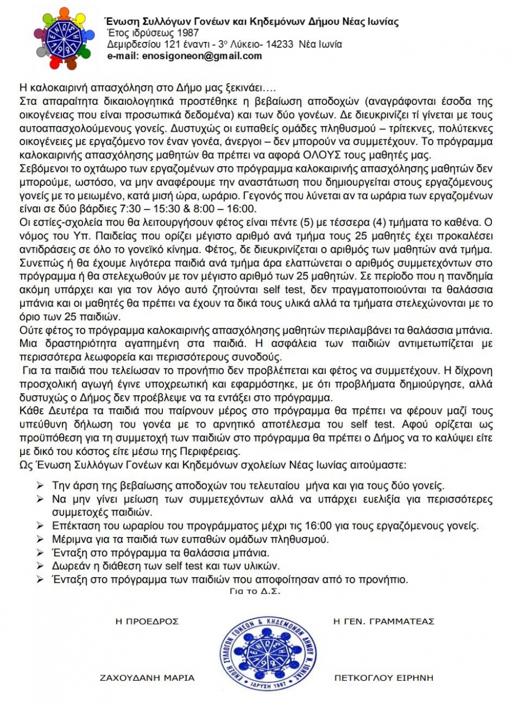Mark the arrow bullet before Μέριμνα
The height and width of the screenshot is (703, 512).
[x=40, y=539]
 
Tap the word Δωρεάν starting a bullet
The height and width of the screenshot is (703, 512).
[x=68, y=566]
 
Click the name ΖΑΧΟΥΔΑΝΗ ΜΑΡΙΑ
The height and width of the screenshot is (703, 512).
[x=147, y=678]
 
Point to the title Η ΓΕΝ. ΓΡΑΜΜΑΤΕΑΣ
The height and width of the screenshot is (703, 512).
[x=383, y=621]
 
